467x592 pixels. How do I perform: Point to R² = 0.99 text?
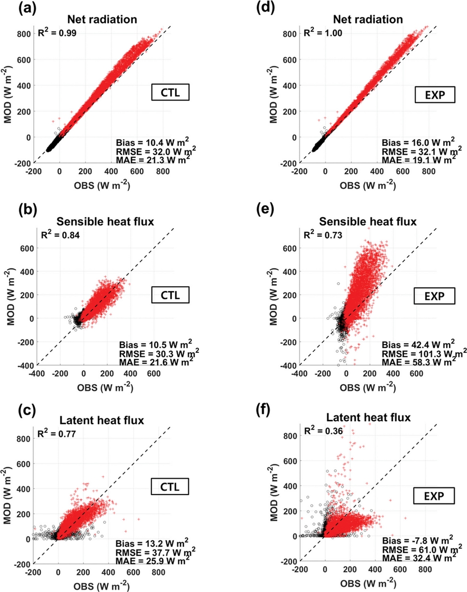coord(58,34)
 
